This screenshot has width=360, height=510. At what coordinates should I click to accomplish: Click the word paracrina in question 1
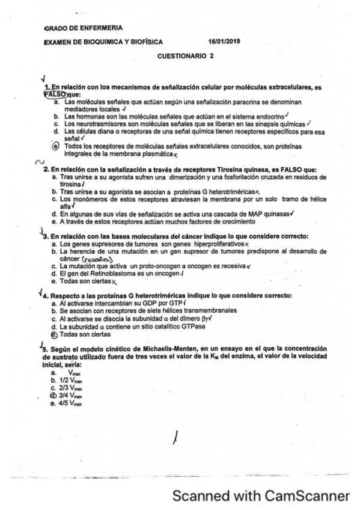[220, 103]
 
